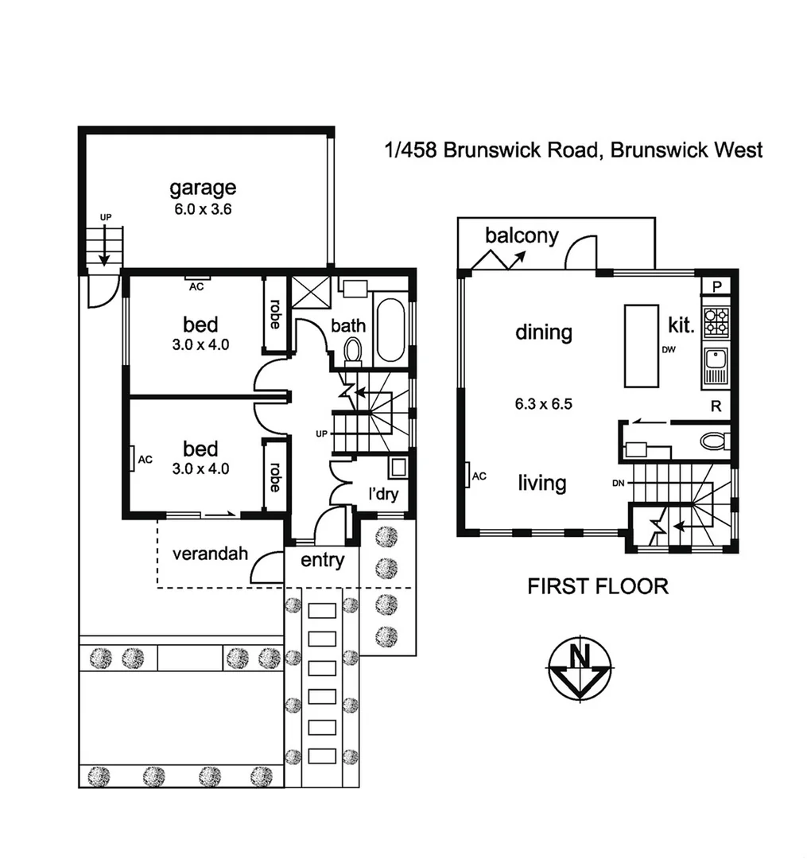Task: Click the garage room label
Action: pyautogui.click(x=203, y=188)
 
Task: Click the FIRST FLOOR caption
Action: pyautogui.click(x=598, y=587)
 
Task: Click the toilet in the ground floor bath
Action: pyautogui.click(x=352, y=348)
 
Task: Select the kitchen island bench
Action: pyautogui.click(x=642, y=345)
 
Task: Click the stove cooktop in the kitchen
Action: pyautogui.click(x=716, y=320)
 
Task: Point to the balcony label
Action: pyautogui.click(x=522, y=235)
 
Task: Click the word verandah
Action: pyautogui.click(x=210, y=554)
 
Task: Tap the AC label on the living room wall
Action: pyautogui.click(x=479, y=476)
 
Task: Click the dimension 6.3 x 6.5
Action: pyautogui.click(x=544, y=403)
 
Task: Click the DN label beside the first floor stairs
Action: pyautogui.click(x=619, y=483)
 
